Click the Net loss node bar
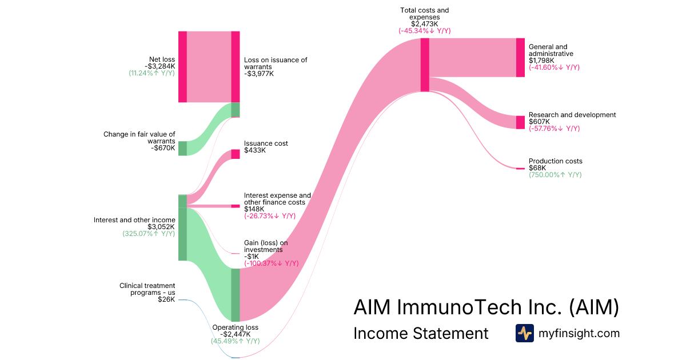[x=182, y=67]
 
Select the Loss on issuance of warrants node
[x=235, y=67]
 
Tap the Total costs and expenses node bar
[x=425, y=65]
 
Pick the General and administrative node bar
[x=520, y=57]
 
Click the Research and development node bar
[x=520, y=122]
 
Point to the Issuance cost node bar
[x=235, y=154]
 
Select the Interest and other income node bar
[x=182, y=227]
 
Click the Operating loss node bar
[x=235, y=295]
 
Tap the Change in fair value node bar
[x=182, y=148]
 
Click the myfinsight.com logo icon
[x=524, y=333]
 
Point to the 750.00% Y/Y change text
[x=555, y=175]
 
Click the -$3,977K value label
[x=259, y=74]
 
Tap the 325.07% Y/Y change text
[x=149, y=234]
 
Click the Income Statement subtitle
[x=421, y=333]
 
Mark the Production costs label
[x=555, y=161]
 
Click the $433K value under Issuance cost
[x=254, y=150]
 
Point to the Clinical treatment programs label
[x=147, y=289]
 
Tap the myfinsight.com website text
[x=579, y=333]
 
